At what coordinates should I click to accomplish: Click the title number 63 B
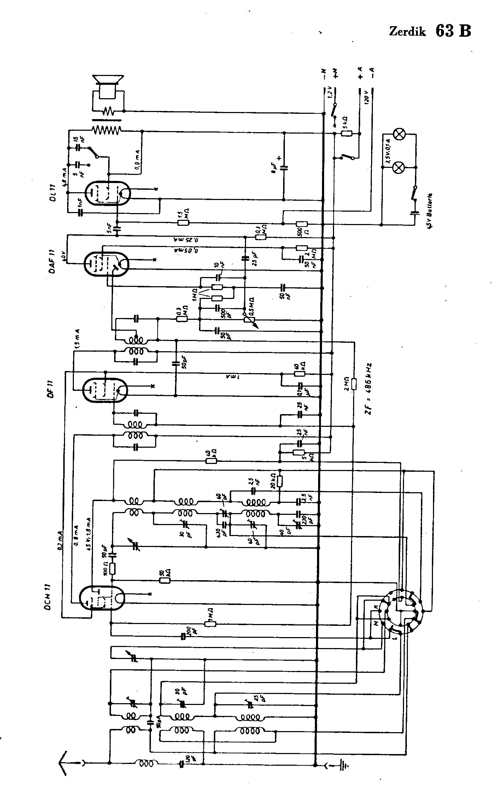[x=453, y=31]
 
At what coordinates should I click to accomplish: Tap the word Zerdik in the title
[x=407, y=32]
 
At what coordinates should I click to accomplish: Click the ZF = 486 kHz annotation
[x=370, y=388]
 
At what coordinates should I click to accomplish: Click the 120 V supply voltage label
[x=366, y=95]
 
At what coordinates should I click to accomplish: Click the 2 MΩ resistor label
[x=347, y=384]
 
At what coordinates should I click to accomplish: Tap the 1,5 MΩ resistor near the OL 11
[x=183, y=223]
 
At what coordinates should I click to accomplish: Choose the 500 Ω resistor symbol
[x=301, y=223]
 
